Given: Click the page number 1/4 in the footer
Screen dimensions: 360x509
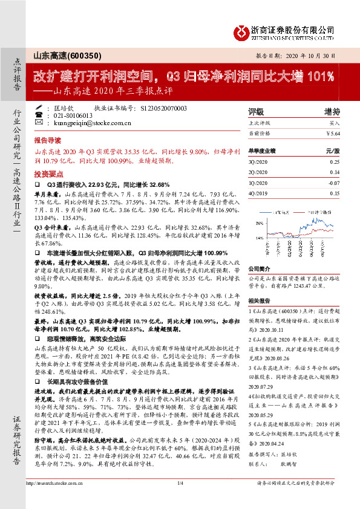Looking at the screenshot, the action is (x=180, y=499).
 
